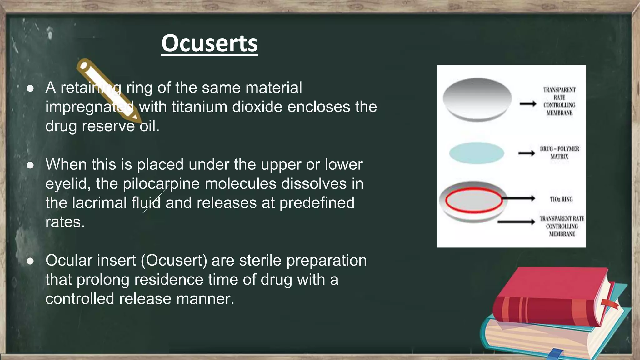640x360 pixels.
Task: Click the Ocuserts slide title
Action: point(209,43)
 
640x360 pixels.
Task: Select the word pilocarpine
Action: point(161,184)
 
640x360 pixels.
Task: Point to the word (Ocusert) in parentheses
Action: point(174,260)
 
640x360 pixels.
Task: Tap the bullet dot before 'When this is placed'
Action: point(30,165)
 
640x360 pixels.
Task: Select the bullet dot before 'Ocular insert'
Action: point(30,261)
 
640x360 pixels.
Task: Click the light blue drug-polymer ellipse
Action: point(477,153)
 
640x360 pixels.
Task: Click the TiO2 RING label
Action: point(561,199)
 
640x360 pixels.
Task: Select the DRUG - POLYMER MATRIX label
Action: point(559,152)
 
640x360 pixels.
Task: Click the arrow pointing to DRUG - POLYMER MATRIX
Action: point(527,153)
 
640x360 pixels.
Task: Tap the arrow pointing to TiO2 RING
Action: point(519,198)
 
